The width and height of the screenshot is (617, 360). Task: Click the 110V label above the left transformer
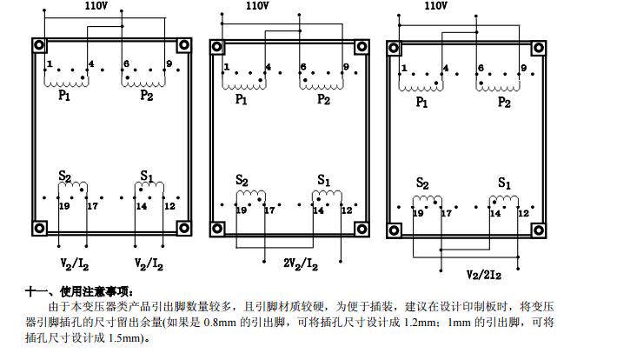[96, 5]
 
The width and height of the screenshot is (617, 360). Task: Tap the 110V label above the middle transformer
[256, 5]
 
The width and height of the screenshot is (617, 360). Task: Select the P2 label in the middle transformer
[323, 99]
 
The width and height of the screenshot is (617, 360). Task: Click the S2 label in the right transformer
[423, 183]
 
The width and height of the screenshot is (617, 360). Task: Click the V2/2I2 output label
[485, 275]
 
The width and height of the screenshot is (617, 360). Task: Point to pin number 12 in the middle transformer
[346, 210]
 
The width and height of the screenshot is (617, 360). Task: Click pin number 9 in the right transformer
[523, 68]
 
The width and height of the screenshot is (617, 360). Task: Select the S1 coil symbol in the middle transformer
[328, 196]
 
